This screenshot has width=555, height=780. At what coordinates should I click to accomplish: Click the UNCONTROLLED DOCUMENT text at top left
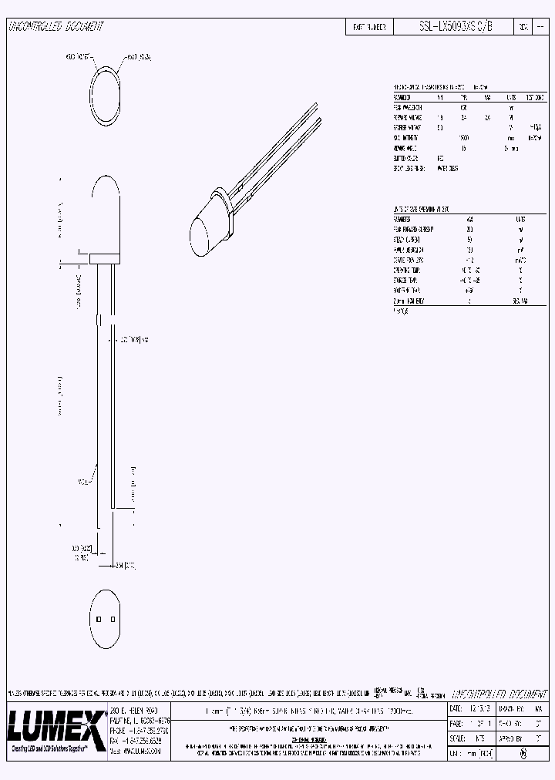click(55, 26)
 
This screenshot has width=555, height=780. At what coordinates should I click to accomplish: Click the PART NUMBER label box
click(369, 26)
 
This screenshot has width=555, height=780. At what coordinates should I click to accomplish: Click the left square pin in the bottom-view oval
click(99, 618)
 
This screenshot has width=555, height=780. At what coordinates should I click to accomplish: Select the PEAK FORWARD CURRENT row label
click(413, 229)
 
